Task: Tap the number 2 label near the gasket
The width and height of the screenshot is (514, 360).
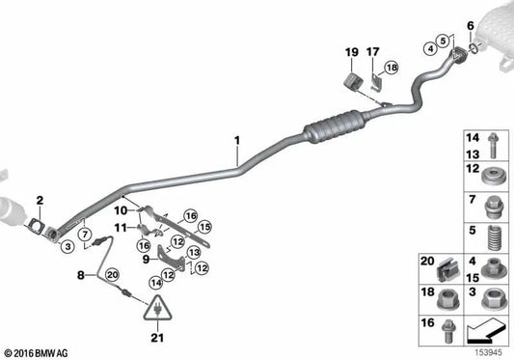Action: pos(40,201)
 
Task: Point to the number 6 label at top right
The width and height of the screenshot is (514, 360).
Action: pos(470,25)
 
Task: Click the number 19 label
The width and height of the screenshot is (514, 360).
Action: pos(351,51)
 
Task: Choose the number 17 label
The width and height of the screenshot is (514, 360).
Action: pos(373,51)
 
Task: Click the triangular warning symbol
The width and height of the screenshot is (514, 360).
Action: pos(157,310)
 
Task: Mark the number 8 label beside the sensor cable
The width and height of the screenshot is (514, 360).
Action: pos(82,274)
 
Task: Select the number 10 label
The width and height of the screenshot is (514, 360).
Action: pos(121,209)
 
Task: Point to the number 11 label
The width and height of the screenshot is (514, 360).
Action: pos(121,228)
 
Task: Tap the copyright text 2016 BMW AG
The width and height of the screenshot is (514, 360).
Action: pos(37,352)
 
